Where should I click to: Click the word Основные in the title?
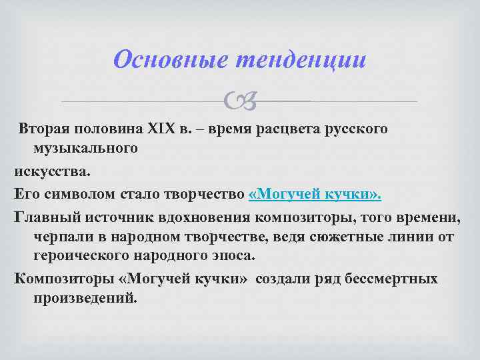click(170, 60)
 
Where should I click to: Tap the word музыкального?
click(85, 148)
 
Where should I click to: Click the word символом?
click(75, 193)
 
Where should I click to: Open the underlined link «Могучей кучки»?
click(315, 193)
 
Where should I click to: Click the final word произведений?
click(85, 298)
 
